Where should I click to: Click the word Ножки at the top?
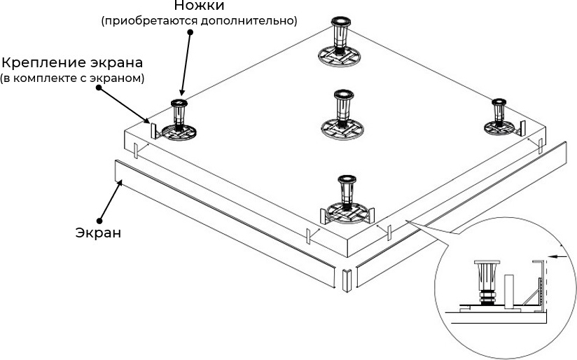200,6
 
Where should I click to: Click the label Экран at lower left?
99,232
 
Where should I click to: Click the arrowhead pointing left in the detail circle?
552,257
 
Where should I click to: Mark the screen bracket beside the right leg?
522,127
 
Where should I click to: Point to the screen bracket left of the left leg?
151,130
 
